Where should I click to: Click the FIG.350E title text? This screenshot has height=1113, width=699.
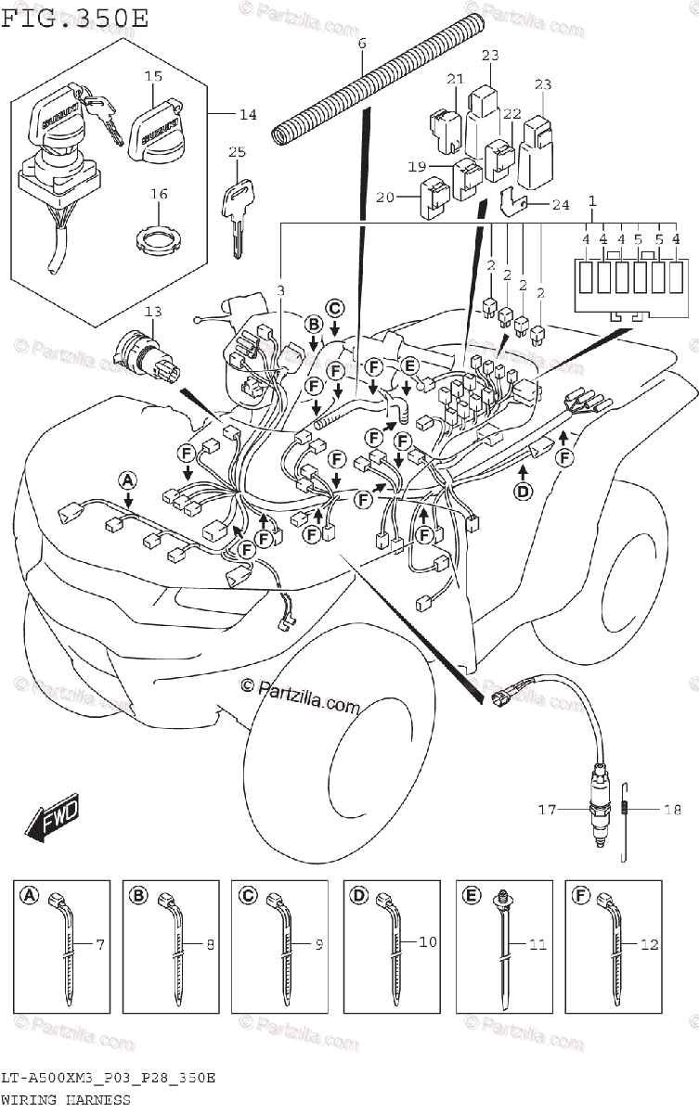tap(73, 18)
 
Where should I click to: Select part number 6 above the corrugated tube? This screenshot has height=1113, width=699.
tap(362, 44)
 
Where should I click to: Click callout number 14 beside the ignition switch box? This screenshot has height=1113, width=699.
tap(247, 115)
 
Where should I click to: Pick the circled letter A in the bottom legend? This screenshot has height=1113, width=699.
tap(28, 895)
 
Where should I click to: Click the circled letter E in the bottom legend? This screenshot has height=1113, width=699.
tap(470, 895)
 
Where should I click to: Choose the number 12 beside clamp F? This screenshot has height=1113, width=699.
tap(647, 944)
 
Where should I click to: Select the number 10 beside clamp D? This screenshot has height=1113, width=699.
tap(426, 942)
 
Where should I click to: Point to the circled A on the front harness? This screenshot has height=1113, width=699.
tap(127, 480)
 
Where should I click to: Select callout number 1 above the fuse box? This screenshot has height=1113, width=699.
tap(592, 201)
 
